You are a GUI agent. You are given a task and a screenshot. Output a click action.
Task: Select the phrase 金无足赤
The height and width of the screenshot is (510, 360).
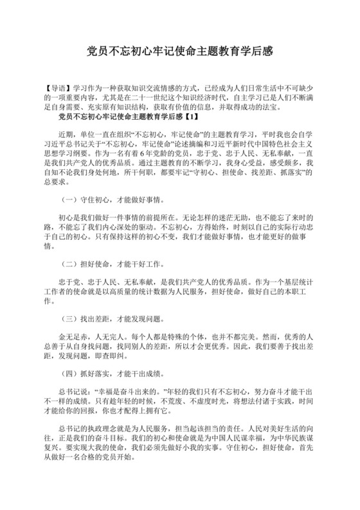click(73, 337)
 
